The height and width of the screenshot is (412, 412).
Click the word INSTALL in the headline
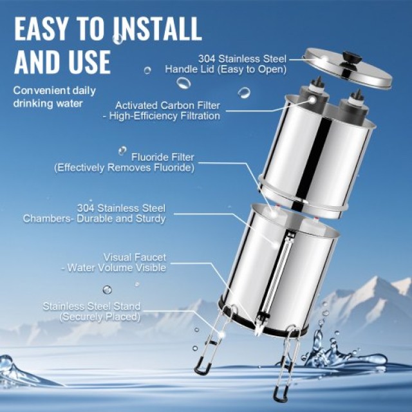click(158, 28)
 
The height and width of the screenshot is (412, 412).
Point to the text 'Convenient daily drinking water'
click(54, 97)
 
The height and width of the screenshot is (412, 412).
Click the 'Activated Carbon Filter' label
click(167, 106)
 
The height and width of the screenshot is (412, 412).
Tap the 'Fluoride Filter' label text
click(163, 157)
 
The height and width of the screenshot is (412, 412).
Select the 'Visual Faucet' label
click(135, 257)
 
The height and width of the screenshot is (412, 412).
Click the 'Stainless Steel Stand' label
click(91, 306)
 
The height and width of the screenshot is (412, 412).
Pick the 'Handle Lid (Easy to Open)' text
click(225, 70)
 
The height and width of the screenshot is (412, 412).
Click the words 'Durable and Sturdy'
click(121, 219)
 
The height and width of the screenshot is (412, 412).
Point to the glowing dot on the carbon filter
click(312, 100)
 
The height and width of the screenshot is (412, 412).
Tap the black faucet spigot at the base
click(262, 319)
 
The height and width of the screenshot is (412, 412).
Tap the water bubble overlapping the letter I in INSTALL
click(117, 39)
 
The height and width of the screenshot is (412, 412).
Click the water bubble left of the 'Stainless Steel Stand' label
click(108, 290)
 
